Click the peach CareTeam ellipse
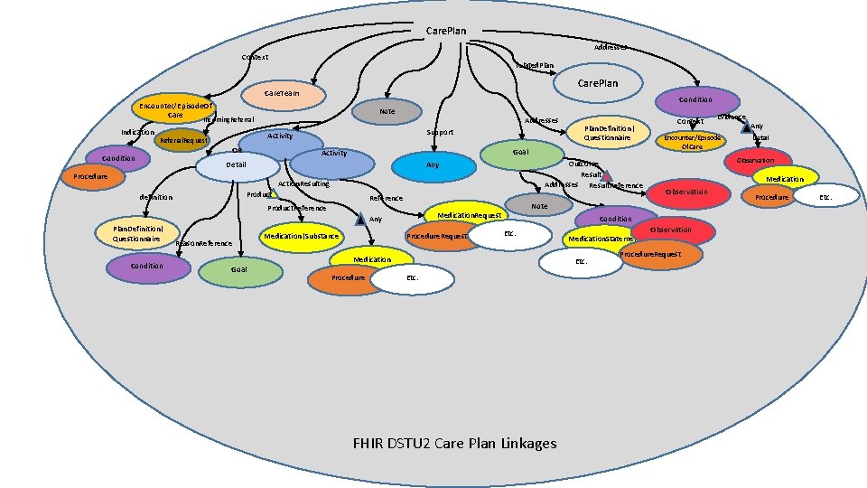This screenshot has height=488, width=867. (x=281, y=94)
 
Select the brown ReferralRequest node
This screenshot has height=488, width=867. (x=183, y=141)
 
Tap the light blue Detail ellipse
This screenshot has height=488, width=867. (x=237, y=165)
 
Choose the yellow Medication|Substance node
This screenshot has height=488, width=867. (x=302, y=237)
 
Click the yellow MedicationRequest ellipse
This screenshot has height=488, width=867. (x=469, y=217)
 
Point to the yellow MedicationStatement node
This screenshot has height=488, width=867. (x=601, y=239)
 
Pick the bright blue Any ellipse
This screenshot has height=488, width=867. (x=432, y=165)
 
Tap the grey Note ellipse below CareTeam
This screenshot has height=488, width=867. (x=386, y=111)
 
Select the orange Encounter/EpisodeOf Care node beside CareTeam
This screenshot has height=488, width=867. (x=175, y=110)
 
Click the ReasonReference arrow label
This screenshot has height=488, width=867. (x=204, y=243)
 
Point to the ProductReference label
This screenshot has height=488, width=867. (x=297, y=209)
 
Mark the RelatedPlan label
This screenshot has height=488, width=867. (x=535, y=65)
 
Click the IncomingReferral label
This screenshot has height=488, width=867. (x=228, y=119)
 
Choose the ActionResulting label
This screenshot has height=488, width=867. (x=304, y=183)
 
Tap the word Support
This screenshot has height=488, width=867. (x=440, y=132)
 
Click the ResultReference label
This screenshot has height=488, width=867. (x=616, y=186)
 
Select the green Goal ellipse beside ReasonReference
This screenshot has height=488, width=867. (x=239, y=269)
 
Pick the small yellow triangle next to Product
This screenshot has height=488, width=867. (x=275, y=192)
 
